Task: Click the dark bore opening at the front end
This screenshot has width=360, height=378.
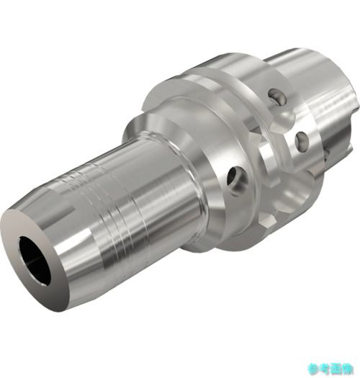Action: point(35,258)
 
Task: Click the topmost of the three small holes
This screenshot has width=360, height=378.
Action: point(277,96)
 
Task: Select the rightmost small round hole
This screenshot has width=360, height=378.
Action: point(302,142)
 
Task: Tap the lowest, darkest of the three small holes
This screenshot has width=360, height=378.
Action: point(236,179)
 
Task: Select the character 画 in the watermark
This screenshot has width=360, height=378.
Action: point(337,369)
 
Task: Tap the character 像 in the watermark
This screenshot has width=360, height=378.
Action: point(348,369)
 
